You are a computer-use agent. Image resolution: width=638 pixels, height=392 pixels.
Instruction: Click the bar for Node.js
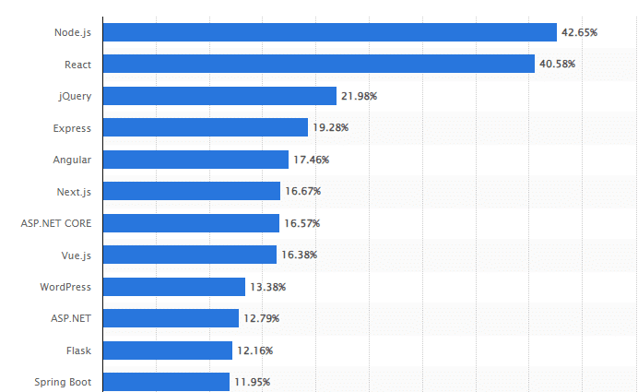pyautogui.click(x=329, y=32)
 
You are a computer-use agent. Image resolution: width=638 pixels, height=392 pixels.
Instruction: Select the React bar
pyautogui.click(x=318, y=64)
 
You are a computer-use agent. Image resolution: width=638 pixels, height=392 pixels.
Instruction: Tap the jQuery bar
pyautogui.click(x=219, y=96)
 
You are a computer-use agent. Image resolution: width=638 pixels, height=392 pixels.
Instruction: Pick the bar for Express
pyautogui.click(x=205, y=127)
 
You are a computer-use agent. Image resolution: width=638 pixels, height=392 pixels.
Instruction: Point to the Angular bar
pyautogui.click(x=195, y=160)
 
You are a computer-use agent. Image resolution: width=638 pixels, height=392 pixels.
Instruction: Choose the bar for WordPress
pyautogui.click(x=173, y=287)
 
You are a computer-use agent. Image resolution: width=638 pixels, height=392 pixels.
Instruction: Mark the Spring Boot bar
pyautogui.click(x=166, y=382)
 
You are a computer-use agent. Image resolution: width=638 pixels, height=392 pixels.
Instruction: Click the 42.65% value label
pyautogui.click(x=579, y=32)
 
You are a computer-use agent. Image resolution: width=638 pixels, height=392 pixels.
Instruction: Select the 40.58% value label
pyautogui.click(x=557, y=65)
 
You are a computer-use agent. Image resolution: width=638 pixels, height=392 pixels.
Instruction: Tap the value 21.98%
pyautogui.click(x=359, y=96)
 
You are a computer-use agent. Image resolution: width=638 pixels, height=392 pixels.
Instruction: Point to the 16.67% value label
pyautogui.click(x=302, y=192)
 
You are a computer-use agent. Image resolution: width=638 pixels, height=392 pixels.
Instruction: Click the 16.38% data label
pyautogui.click(x=299, y=255)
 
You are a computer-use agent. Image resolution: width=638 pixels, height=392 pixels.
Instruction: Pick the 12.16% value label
pyautogui.click(x=254, y=350)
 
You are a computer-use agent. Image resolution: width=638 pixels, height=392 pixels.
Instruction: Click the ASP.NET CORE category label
pyautogui.click(x=55, y=223)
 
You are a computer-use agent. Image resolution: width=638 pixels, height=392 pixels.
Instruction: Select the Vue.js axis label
pyautogui.click(x=73, y=255)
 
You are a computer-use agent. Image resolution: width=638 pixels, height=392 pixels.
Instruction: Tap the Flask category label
pyautogui.click(x=78, y=350)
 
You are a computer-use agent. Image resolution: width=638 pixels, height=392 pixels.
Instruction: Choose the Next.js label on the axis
pyautogui.click(x=73, y=191)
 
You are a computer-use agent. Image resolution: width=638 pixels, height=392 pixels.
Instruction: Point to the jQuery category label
pyautogui.click(x=74, y=96)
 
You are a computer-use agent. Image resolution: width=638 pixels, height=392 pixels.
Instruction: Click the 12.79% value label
pyautogui.click(x=261, y=318)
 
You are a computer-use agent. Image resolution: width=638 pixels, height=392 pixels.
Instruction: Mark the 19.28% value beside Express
pyautogui.click(x=330, y=127)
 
